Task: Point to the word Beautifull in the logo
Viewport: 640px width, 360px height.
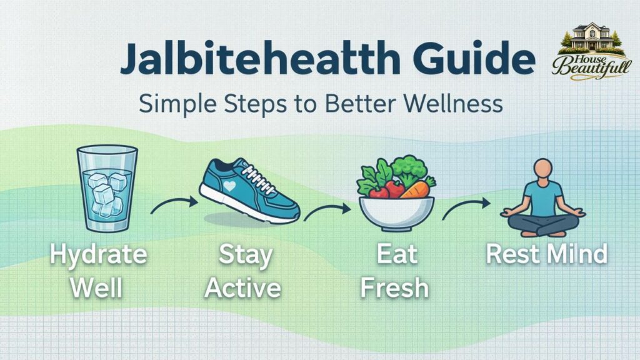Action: (x=584, y=67)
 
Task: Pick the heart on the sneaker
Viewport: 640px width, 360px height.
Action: (x=231, y=186)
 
